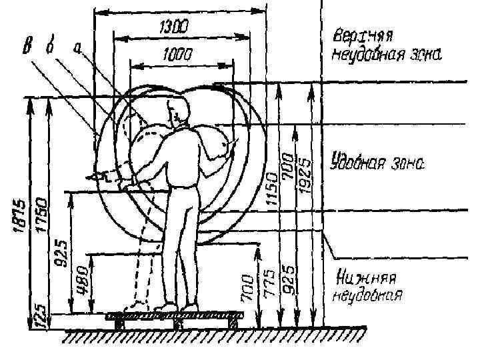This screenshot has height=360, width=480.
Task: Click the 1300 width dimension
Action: (171, 27)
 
